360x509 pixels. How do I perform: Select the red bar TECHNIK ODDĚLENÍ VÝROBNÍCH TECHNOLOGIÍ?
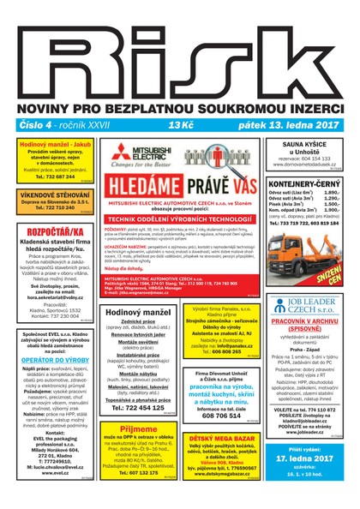coord(177,219)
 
